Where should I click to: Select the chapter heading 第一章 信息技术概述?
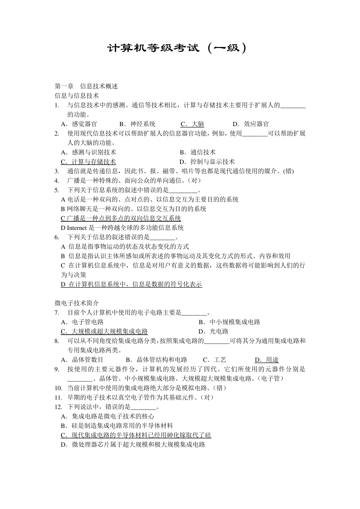coord(86,86)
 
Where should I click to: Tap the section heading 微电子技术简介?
coord(77,303)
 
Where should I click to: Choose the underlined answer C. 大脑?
coord(193,124)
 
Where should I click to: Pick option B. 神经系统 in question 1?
coord(137,124)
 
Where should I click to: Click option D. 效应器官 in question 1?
coord(251,124)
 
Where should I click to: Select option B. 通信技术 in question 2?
coord(197,152)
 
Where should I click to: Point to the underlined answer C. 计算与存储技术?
coord(88,162)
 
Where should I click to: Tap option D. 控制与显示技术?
coord(207,162)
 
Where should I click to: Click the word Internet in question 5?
coord(78,228)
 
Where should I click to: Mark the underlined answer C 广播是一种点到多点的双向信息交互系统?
coord(121,218)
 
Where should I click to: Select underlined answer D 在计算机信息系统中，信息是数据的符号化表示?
coord(131,284)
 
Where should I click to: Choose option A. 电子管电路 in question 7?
coord(82,322)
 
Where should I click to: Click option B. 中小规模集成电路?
coord(230,322)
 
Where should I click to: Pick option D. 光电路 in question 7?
coord(214,331)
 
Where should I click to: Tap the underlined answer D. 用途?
coord(267,359)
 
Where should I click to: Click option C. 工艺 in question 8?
coord(215,359)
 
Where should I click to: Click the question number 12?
coord(58,407)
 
